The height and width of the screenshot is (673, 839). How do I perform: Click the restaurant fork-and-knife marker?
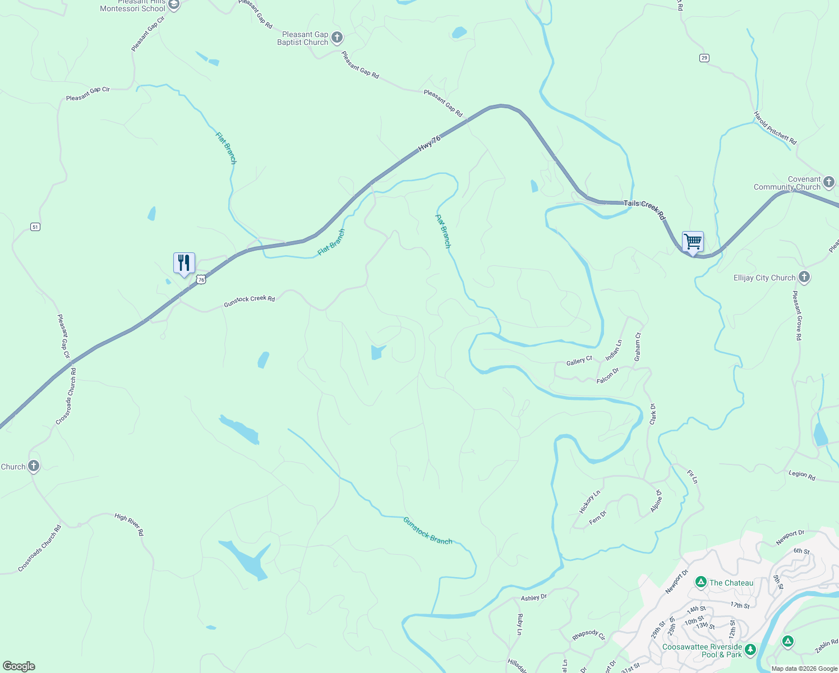click(x=184, y=262)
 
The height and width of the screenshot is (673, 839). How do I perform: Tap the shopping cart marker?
click(x=693, y=242)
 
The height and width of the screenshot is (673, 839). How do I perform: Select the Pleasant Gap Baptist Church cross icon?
click(x=337, y=38)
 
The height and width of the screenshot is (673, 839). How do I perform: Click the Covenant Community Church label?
click(x=787, y=183)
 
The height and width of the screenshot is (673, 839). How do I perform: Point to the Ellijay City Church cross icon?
click(x=804, y=277)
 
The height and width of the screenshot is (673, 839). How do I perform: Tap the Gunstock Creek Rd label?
click(x=250, y=301)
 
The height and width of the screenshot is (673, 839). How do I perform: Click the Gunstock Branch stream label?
click(x=427, y=531)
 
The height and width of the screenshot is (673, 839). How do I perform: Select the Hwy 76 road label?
click(x=429, y=143)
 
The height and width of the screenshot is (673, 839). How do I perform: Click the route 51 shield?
click(x=35, y=227)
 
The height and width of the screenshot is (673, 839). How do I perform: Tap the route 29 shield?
click(x=704, y=58)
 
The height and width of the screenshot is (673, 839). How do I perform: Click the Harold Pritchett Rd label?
click(x=775, y=128)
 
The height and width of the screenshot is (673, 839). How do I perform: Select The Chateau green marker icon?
click(x=700, y=583)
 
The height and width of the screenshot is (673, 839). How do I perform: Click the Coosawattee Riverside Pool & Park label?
click(x=702, y=651)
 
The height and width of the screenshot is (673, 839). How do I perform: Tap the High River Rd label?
click(x=129, y=524)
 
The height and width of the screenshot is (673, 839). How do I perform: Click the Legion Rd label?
click(x=801, y=474)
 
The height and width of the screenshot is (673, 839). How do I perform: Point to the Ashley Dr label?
click(x=533, y=598)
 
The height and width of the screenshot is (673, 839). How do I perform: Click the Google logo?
click(x=19, y=666)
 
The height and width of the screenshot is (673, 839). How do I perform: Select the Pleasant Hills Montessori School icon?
click(x=173, y=5)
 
